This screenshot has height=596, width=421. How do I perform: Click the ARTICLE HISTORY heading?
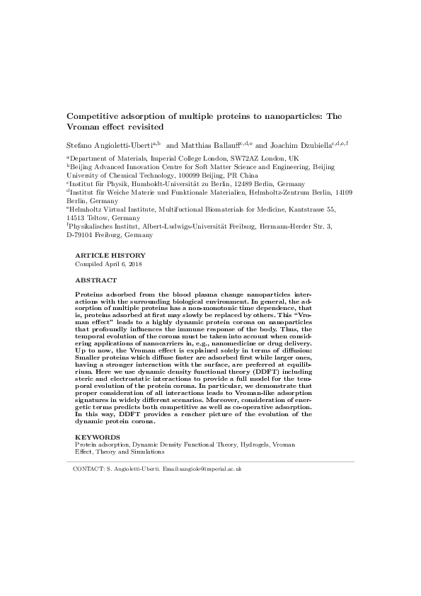coord(110,256)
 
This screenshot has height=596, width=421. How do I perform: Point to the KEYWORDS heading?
coord(97,437)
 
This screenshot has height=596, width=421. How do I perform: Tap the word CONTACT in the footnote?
coord(87,469)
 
